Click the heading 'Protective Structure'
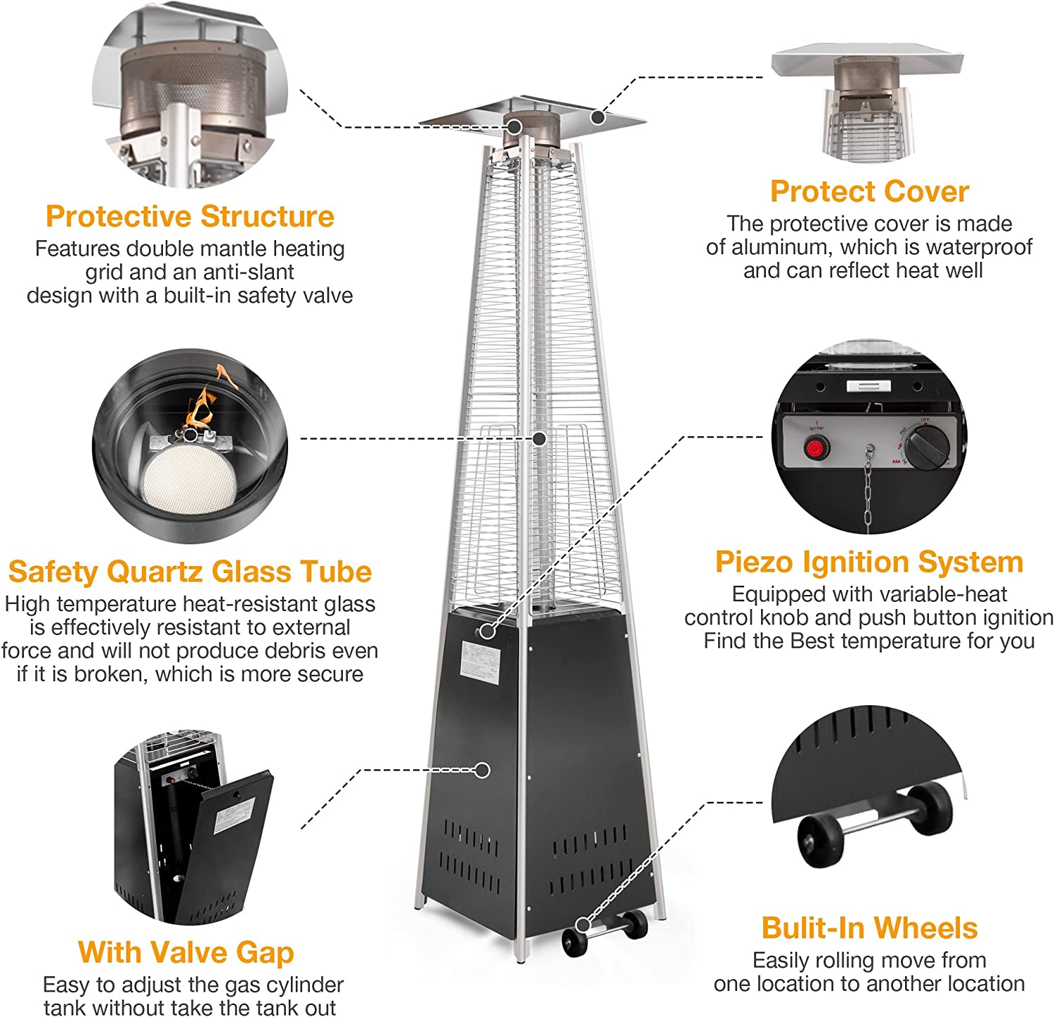click(190, 216)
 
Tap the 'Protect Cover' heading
click(869, 191)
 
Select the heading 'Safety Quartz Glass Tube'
click(190, 572)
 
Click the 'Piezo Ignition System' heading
click(869, 562)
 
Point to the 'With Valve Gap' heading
click(186, 952)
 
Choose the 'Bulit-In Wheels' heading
click(869, 928)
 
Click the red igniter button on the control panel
click(815, 447)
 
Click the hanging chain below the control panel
click(870, 492)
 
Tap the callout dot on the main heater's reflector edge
click(597, 117)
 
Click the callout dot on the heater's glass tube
click(540, 438)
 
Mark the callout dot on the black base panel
click(482, 770)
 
